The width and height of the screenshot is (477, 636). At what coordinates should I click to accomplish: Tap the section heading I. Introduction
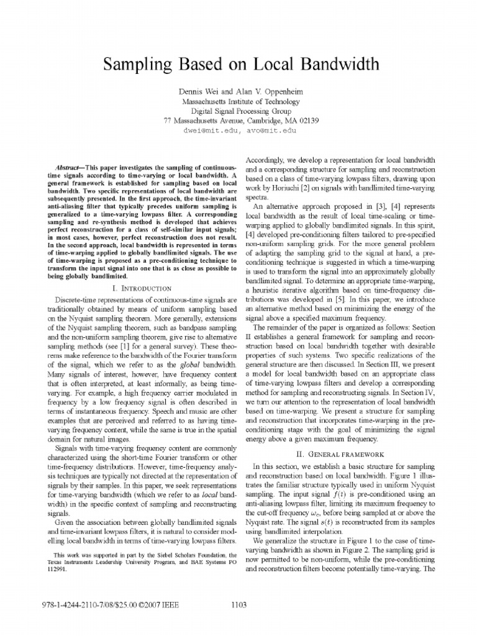click(141, 289)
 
